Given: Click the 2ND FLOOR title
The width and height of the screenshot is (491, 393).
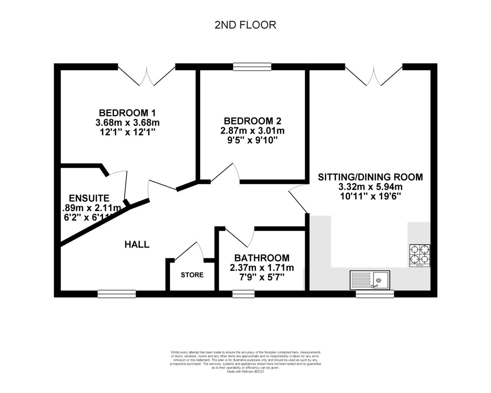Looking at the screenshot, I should [245, 25].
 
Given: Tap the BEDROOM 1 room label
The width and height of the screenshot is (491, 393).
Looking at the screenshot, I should [127, 113].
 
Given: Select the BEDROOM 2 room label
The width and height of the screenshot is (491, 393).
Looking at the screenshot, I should [252, 121].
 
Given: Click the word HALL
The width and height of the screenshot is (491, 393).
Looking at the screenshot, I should [137, 245].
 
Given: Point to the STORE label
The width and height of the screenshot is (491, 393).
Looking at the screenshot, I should [192, 275].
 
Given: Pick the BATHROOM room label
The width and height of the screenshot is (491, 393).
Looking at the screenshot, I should [261, 258].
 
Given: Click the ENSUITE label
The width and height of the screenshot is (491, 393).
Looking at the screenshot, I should [89, 198].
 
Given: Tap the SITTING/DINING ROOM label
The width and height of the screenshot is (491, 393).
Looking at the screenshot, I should [370, 177].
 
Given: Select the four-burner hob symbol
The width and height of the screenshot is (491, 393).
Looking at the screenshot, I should [420, 255].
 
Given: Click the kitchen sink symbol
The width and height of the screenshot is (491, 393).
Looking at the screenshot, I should [369, 280].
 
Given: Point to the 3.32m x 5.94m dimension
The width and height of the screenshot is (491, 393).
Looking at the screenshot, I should [370, 187].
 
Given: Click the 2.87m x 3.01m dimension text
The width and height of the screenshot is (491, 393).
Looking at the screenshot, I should [252, 131].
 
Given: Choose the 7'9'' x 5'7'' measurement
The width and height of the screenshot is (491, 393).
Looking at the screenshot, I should [261, 277].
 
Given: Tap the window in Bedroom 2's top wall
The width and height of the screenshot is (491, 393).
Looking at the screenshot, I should [252, 66].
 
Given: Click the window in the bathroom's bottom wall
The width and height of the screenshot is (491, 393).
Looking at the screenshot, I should [243, 293].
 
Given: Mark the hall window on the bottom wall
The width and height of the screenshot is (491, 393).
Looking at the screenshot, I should [117, 293].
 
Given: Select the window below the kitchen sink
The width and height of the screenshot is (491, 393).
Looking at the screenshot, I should [375, 293].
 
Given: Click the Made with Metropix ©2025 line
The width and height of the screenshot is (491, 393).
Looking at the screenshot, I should [245, 371].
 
